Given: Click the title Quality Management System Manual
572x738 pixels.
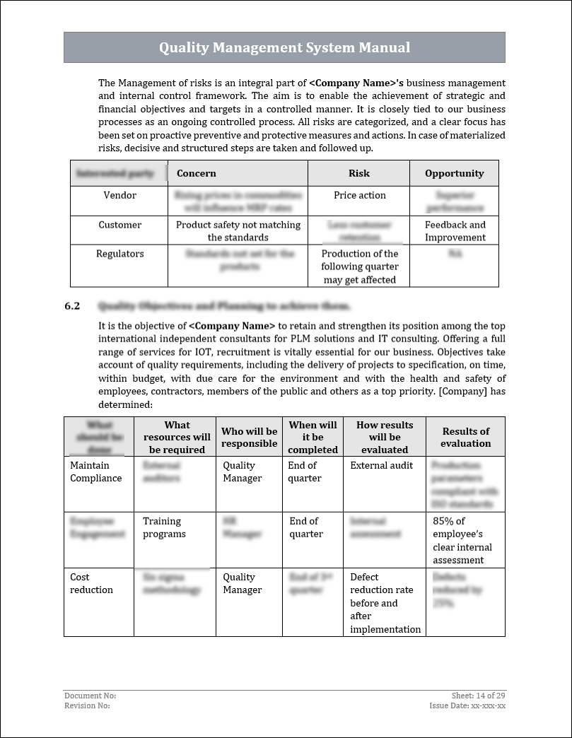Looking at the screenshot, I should coord(284,47).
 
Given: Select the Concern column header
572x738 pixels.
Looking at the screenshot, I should coord(197,173).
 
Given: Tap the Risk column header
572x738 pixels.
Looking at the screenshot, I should coord(358,173).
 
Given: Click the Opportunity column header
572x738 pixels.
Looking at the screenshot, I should coord(454,173).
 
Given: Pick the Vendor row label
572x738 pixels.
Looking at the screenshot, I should coord(119,195).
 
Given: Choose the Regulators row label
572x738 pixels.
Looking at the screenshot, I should coord(119,254).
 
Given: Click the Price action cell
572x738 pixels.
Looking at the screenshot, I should coord(359,195).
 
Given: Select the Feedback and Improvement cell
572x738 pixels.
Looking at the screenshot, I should coord(455,231).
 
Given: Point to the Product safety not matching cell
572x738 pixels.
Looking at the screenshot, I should coord(238,231).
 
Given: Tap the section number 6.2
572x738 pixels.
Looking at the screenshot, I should coord(72,306).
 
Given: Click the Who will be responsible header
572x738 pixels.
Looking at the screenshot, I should coord(249,437).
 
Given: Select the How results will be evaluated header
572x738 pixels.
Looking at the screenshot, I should coord(385,437).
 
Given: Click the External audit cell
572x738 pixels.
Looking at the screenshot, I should coord(381,465).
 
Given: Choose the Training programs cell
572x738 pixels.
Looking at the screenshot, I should coord(164,527).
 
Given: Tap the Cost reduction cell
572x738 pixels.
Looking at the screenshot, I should coord(91,583).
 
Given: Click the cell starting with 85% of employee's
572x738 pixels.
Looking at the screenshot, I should coord(462,540).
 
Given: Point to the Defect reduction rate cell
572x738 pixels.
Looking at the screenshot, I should coord(385,603).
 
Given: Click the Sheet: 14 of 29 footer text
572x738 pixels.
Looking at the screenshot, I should coord(478,696).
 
